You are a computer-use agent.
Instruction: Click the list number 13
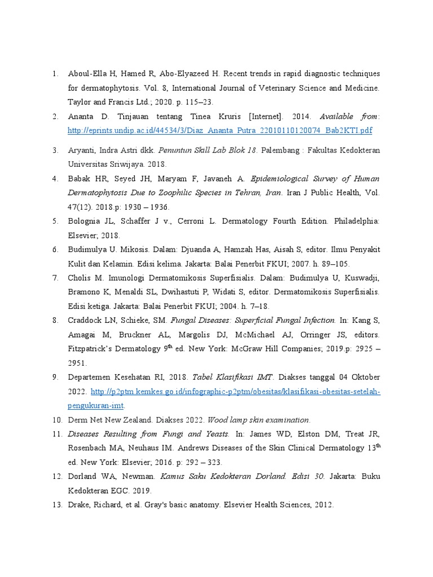coord(56,505)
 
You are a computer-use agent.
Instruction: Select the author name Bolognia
coord(85,221)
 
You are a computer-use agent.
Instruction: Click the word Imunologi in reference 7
coord(122,278)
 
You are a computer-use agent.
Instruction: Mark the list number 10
coord(56,420)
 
